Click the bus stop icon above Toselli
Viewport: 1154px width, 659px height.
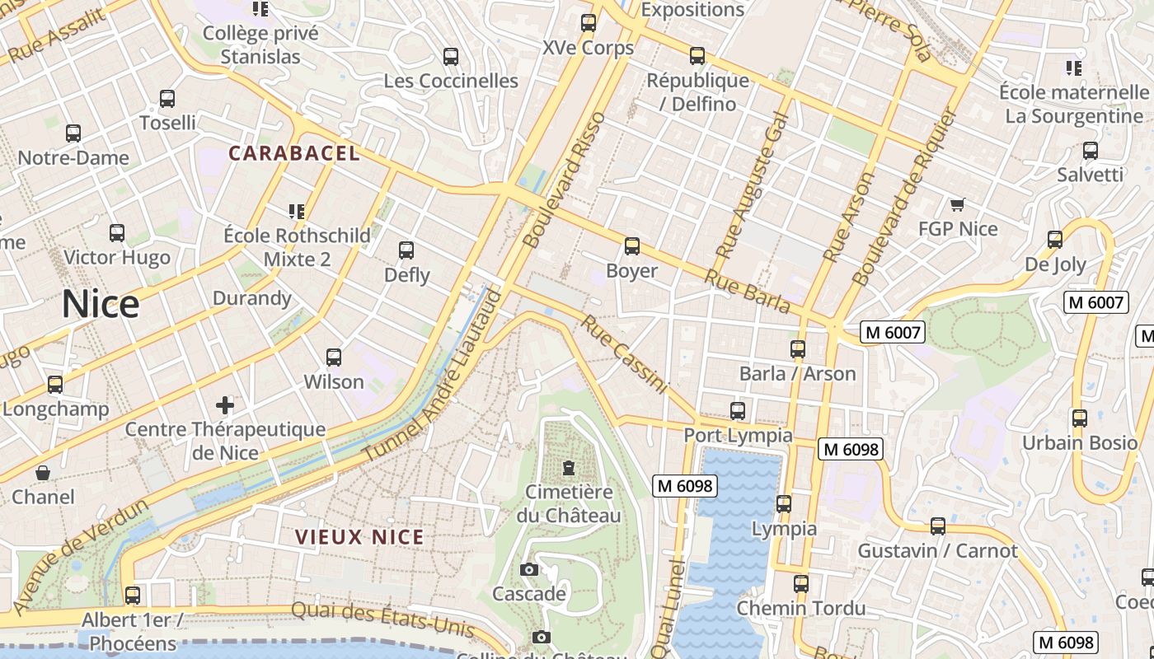pyautogui.click(x=167, y=99)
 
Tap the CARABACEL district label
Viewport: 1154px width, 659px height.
pyautogui.click(x=294, y=153)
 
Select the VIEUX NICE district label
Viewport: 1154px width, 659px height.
pyautogui.click(x=359, y=537)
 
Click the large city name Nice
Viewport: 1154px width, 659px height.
pyautogui.click(x=101, y=304)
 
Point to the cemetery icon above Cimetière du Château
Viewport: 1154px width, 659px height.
pyautogui.click(x=568, y=468)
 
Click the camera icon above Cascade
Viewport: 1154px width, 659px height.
pyautogui.click(x=529, y=569)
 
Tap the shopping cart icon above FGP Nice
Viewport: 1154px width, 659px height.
pyautogui.click(x=957, y=204)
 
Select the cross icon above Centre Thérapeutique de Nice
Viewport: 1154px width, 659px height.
pyautogui.click(x=224, y=404)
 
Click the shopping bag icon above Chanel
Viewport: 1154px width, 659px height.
pyautogui.click(x=43, y=473)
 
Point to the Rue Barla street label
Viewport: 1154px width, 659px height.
pyautogui.click(x=747, y=290)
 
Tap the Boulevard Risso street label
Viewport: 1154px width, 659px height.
pyautogui.click(x=565, y=180)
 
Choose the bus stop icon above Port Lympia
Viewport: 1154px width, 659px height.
pyautogui.click(x=738, y=410)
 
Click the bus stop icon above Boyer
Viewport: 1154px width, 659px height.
pyautogui.click(x=632, y=246)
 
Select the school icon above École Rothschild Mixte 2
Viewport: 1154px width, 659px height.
pyautogui.click(x=297, y=212)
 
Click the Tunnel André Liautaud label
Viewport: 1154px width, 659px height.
pyautogui.click(x=433, y=375)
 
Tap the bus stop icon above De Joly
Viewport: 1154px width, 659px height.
pyautogui.click(x=1055, y=240)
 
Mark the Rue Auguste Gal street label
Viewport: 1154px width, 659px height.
pyautogui.click(x=752, y=185)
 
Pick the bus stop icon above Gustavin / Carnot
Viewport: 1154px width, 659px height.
pyautogui.click(x=938, y=526)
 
